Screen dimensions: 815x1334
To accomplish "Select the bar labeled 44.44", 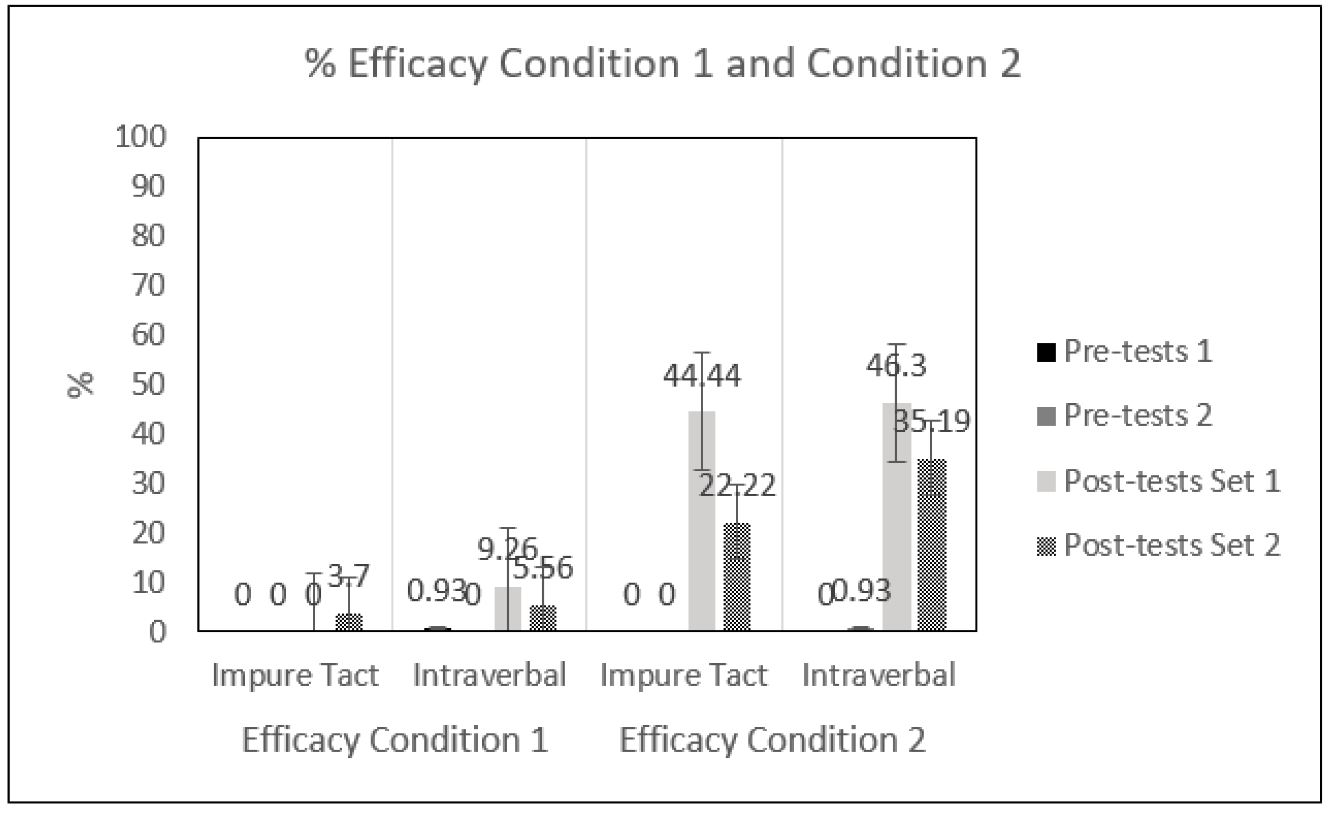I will point(702,520).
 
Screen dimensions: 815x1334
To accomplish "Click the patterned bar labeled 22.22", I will point(737,577).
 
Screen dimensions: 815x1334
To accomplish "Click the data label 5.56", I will point(543,568).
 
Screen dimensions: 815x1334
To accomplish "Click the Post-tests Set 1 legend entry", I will point(1159,481).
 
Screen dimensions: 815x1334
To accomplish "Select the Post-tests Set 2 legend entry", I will point(1159,545).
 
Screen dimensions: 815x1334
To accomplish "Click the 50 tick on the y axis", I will point(148,384).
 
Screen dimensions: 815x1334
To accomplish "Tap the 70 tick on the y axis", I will point(148,285).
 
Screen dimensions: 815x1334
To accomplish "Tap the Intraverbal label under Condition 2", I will point(879,675).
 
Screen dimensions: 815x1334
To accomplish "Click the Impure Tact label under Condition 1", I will point(295,675).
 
